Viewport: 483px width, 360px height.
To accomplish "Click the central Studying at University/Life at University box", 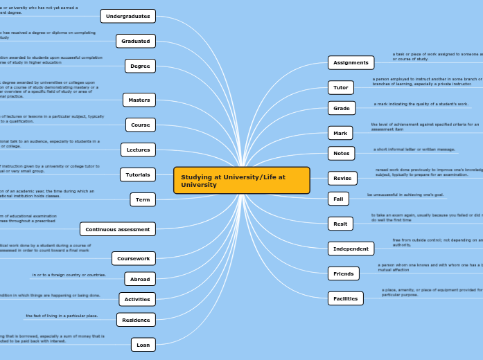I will click(x=241, y=181).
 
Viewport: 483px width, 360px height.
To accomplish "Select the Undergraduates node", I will click(x=128, y=16).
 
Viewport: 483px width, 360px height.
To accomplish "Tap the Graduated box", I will click(x=136, y=41).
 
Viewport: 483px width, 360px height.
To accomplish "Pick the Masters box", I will click(x=139, y=100).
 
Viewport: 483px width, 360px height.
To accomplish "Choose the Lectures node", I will click(x=139, y=150).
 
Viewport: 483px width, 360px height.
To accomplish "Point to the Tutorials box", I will click(x=138, y=174).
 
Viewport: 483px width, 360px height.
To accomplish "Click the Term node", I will click(x=143, y=199).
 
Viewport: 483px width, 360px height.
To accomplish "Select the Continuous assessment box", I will click(x=118, y=229).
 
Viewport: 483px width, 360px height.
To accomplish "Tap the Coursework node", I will click(x=134, y=258).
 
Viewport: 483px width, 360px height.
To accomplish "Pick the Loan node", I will click(x=143, y=344).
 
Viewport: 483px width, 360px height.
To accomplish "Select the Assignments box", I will click(x=351, y=62).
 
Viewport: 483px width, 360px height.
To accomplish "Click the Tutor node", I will click(x=341, y=87).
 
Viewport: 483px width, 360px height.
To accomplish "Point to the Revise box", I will click(x=342, y=178).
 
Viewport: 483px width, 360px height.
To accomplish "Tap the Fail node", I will click(x=338, y=199).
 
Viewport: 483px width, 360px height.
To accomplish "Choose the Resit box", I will click(x=340, y=224).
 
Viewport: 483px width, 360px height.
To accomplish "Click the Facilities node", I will click(x=345, y=298).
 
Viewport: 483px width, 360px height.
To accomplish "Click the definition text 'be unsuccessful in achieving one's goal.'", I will click(x=406, y=195).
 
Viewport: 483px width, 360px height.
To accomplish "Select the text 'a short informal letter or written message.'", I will click(x=414, y=149).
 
